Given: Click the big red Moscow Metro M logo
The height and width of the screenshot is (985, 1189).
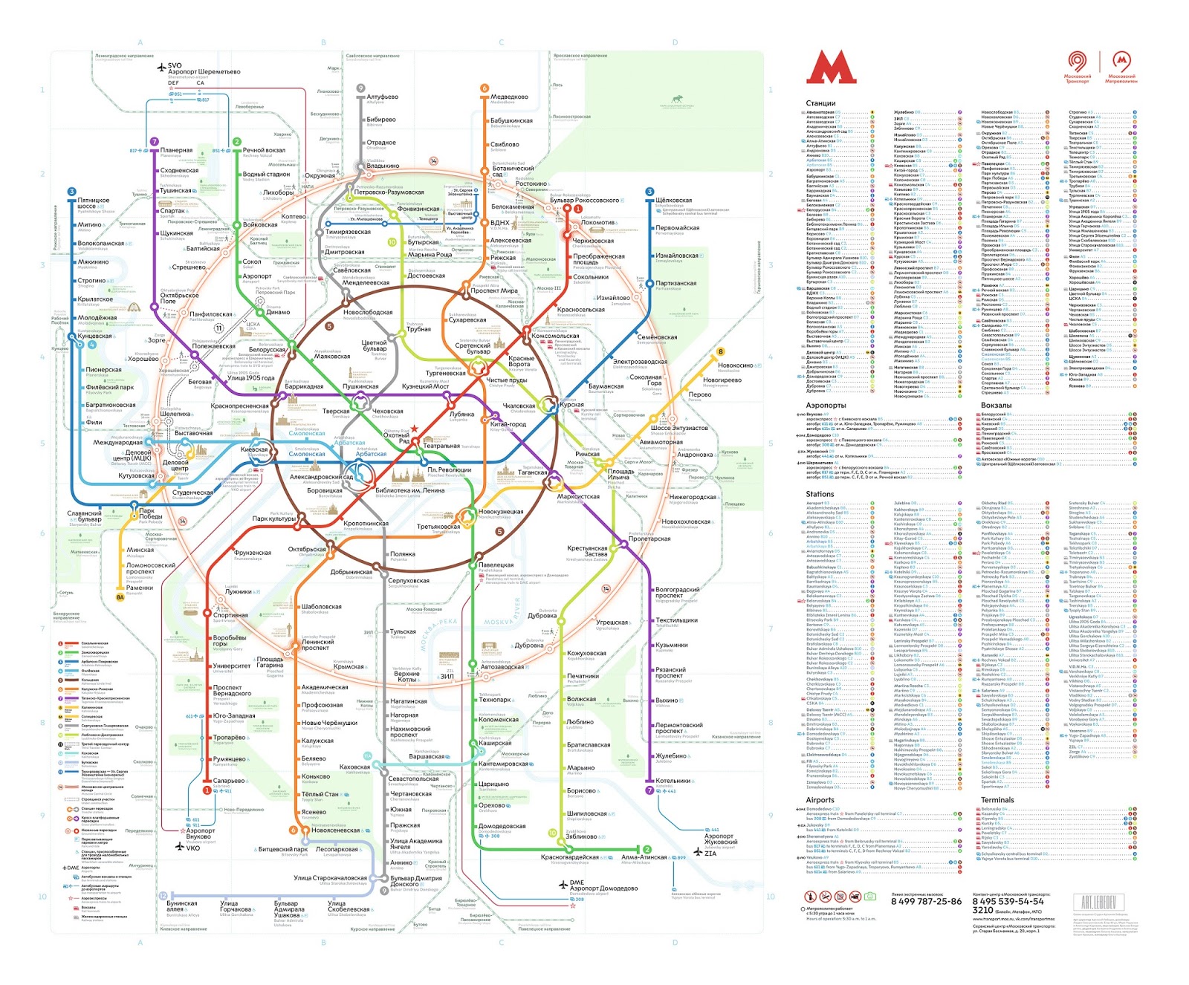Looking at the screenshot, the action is coord(831,68).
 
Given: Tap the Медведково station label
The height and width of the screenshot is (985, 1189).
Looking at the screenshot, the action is coord(509,97).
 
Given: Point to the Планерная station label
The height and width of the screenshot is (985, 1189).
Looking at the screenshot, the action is coord(176,150).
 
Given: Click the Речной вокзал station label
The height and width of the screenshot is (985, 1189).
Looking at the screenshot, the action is coord(264,150).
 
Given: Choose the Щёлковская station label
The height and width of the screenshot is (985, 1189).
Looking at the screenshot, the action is coord(674,200).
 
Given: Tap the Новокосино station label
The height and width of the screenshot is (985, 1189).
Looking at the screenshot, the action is coord(735,365).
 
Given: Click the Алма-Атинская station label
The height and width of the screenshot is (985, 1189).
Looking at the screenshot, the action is coord(644,856).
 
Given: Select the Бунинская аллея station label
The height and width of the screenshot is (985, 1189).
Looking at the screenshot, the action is coord(181,906).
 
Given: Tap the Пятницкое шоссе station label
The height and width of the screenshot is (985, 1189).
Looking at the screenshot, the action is coord(94,203).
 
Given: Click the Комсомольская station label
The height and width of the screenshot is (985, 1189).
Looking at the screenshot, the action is coord(555,336).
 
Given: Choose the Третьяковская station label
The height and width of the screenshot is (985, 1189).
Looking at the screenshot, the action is coord(438,526).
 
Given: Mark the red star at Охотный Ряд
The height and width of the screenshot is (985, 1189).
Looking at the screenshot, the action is coord(415,429).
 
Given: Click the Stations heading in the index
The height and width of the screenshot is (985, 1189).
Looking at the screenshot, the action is coord(820,494).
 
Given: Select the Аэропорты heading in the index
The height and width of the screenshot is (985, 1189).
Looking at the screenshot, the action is coord(826,405).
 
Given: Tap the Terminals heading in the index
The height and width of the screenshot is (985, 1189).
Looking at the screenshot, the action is coord(997,800).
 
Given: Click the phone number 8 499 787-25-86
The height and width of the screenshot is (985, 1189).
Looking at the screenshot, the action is coord(925,901).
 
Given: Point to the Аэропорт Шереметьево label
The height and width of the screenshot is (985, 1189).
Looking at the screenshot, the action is coord(204,71).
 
